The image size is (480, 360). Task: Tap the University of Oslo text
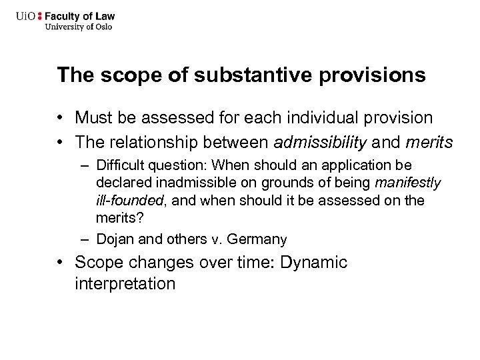[x=79, y=27]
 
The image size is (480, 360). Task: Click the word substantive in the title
[x=227, y=75]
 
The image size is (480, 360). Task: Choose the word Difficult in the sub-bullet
[x=117, y=165]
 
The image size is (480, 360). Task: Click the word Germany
[x=262, y=239]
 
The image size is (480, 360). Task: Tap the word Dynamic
[x=314, y=262]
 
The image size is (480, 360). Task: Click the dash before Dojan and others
[x=87, y=239]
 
